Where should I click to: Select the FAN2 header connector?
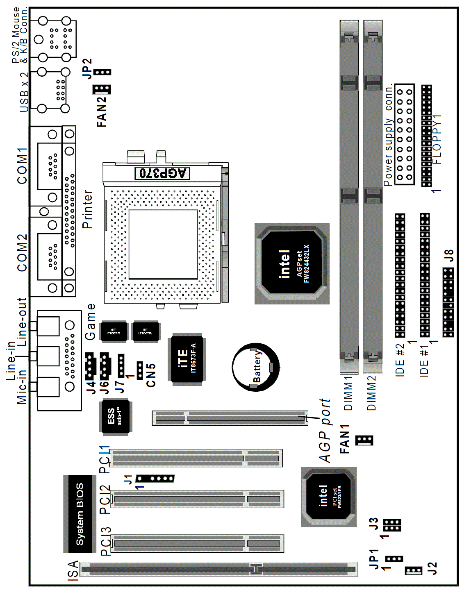click(x=101, y=89)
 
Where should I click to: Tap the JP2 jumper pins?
click(x=102, y=73)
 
